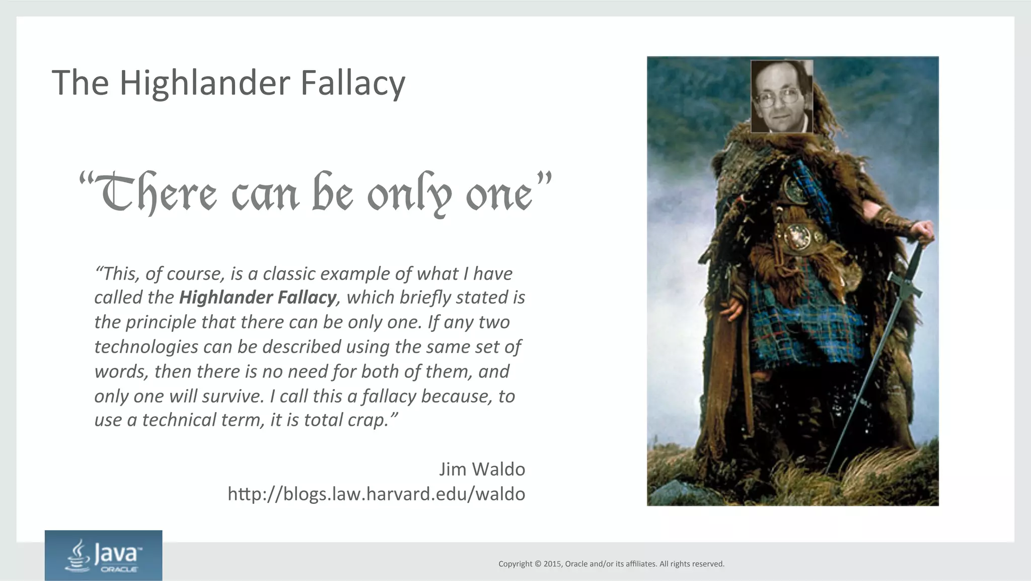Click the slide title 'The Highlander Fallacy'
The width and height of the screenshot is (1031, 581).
click(x=228, y=83)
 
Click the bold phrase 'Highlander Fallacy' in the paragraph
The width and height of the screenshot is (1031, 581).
click(x=257, y=298)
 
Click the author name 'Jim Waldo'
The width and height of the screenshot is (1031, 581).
click(x=482, y=469)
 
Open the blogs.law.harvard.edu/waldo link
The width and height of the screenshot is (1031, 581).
click(x=376, y=494)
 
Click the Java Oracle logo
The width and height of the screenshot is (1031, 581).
click(x=103, y=555)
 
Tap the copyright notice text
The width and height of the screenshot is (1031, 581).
click(x=611, y=564)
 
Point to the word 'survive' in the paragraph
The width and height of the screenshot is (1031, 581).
click(x=233, y=397)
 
